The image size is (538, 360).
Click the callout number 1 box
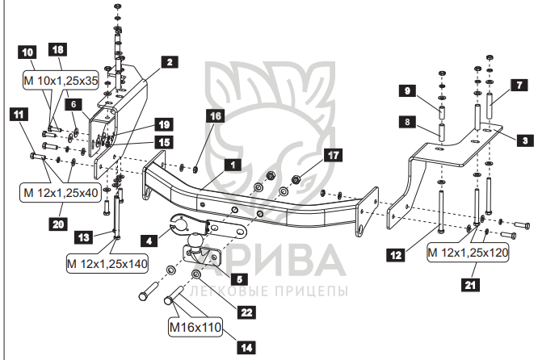pos(233,165)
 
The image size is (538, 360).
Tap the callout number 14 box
pos(246,348)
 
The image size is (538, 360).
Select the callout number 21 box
pos(470,285)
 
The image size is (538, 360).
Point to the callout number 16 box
pos(215,116)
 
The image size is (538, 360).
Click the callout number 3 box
pos(525,140)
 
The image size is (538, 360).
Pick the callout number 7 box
pos(519,85)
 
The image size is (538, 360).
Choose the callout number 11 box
pos(19,114)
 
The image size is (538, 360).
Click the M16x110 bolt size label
pos(195,327)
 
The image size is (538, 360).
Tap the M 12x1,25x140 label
pos(107,264)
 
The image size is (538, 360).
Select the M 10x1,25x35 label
pos(61,81)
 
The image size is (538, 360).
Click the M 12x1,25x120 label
pos(468,253)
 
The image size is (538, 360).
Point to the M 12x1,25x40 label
pos(61,193)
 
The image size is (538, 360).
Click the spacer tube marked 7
pos(490,105)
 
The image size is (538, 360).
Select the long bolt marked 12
pos(440,211)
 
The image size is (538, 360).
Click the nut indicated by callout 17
pos(296,179)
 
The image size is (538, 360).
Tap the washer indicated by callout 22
pos(196,274)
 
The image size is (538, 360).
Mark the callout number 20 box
pos(58,224)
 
